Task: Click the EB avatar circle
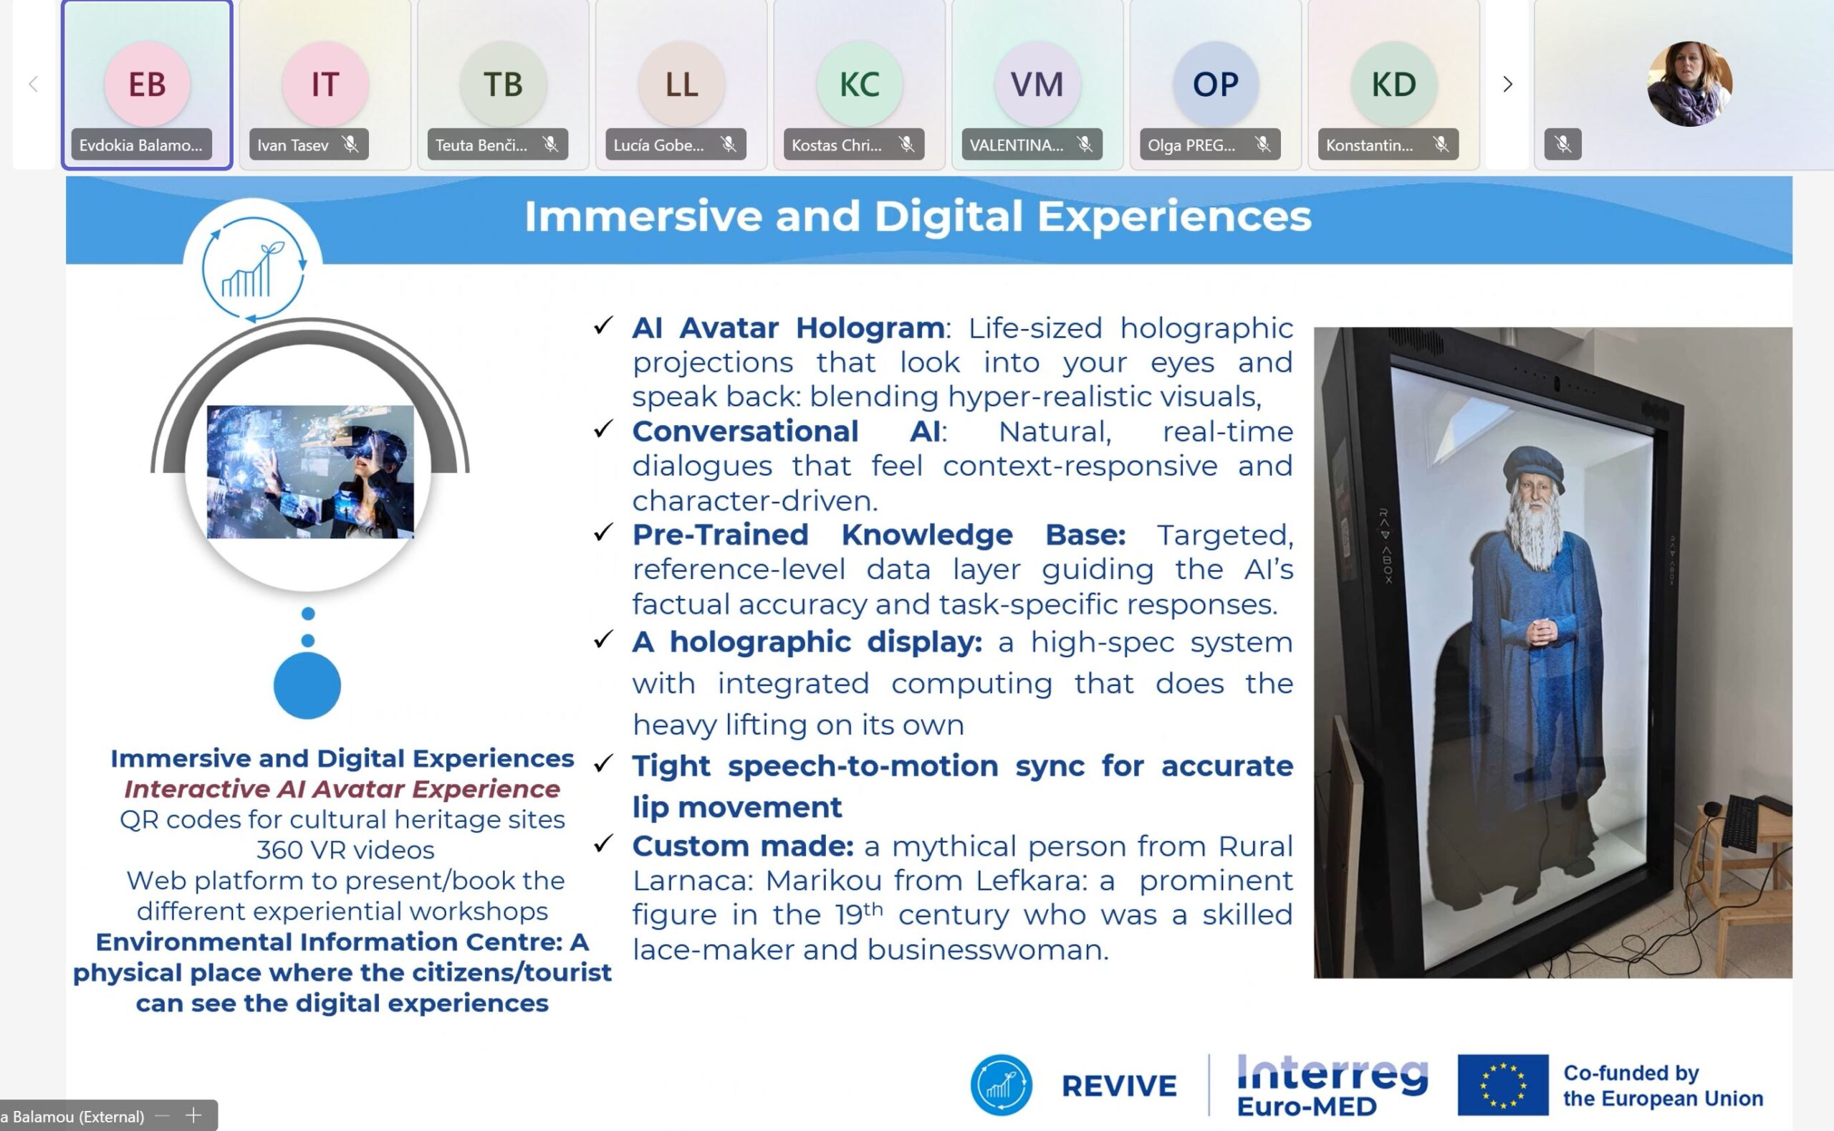click(148, 84)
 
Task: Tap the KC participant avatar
click(859, 84)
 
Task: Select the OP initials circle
click(1216, 84)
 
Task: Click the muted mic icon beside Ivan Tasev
click(350, 144)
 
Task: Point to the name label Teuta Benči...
click(481, 145)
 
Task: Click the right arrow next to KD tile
click(1507, 84)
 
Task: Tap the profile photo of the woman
click(1690, 84)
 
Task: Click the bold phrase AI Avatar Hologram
click(788, 328)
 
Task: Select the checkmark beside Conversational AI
click(603, 429)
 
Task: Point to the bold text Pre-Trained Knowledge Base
click(879, 534)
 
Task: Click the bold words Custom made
click(743, 846)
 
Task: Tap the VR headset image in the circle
click(310, 472)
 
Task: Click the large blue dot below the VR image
click(307, 685)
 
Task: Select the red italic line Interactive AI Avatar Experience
click(342, 789)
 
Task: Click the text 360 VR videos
click(345, 850)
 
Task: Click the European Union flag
click(1503, 1084)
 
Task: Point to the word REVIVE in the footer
click(1119, 1086)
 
